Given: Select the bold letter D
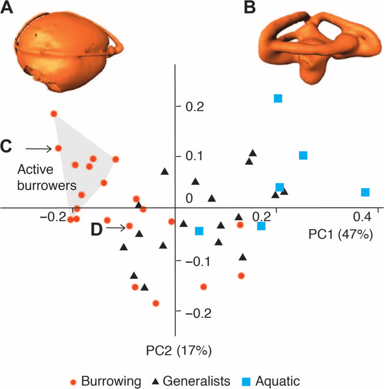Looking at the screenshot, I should pos(97,230).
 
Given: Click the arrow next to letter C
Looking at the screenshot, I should pos(38,149).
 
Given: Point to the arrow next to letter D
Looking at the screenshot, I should pos(116,229).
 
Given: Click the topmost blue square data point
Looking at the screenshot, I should pos(278,99).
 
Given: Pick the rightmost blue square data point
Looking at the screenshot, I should pos(365,192).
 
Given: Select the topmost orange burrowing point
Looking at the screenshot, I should pos(54,114).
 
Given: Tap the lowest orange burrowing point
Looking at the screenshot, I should pos(156,303).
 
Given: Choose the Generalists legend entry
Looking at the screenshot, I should pos(191,381).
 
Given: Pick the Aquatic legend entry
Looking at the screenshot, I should pos(271,381).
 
